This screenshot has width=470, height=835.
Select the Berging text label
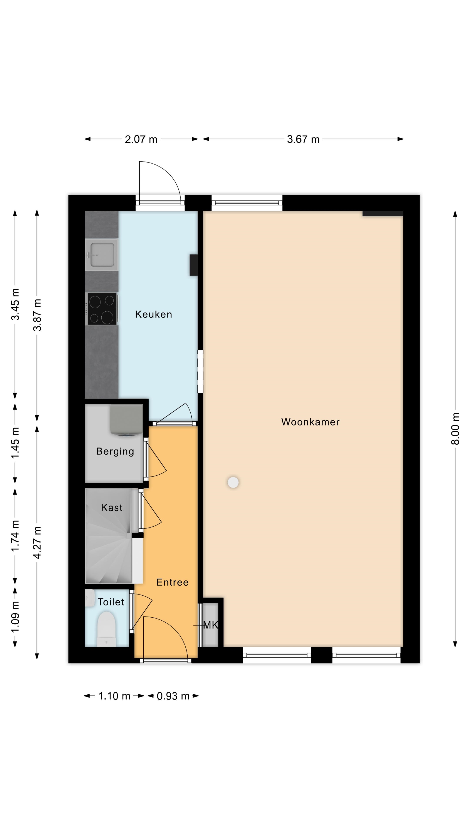click(115, 452)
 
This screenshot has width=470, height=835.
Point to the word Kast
click(112, 507)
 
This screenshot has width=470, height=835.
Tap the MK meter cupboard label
click(210, 625)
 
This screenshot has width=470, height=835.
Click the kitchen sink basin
click(102, 255)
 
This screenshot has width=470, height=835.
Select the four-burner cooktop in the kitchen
click(102, 309)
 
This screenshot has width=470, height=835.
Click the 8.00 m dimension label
click(455, 429)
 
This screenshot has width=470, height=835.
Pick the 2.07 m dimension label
click(141, 139)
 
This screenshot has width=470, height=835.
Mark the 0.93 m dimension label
click(173, 696)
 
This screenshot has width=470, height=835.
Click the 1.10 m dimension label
click(114, 696)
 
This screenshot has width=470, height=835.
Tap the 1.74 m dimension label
click(15, 536)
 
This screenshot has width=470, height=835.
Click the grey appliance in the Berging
click(126, 420)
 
